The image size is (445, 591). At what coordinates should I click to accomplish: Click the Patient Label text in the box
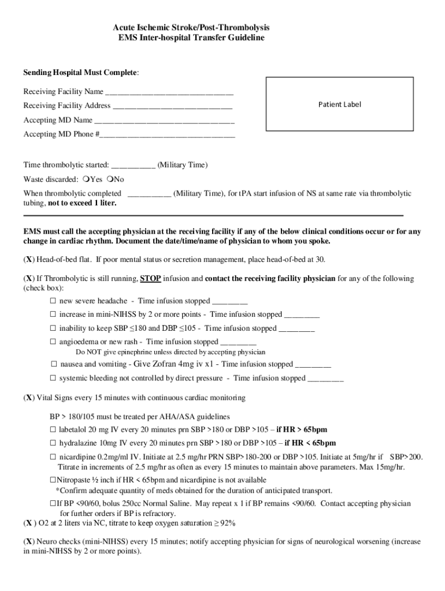339,104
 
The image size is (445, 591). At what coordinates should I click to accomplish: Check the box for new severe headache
53,301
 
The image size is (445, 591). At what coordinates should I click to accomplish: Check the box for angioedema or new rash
53,342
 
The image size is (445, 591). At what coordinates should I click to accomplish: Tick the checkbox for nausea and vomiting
54,365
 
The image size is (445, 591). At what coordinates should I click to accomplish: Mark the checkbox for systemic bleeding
53,379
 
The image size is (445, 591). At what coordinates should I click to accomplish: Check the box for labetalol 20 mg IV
53,429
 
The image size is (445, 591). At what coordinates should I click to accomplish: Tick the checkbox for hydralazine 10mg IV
53,443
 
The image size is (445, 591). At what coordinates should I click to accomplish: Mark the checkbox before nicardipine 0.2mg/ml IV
53,457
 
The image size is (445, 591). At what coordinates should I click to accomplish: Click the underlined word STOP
150,278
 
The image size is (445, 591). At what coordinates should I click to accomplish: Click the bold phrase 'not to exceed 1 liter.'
82,203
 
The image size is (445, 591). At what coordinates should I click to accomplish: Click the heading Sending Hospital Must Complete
81,73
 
